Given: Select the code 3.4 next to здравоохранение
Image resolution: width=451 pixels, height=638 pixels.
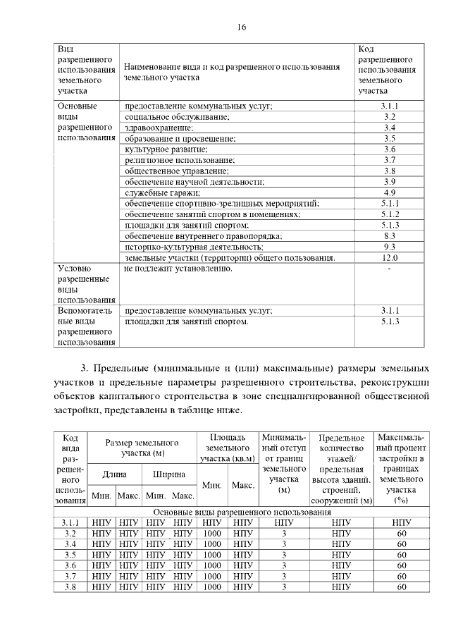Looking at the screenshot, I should click(390, 128).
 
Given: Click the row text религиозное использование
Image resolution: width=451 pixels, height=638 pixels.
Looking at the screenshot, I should click(180, 160).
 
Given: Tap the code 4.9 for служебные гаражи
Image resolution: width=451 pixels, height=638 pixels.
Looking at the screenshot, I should click(390, 192).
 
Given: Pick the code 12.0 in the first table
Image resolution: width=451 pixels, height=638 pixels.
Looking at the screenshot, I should click(390, 258).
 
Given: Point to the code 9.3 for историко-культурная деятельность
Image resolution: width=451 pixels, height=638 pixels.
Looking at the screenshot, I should click(390, 247).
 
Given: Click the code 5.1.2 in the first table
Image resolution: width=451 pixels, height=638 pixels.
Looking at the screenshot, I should click(390, 214).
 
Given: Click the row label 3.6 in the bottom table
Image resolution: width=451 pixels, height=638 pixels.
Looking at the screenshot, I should click(70, 565).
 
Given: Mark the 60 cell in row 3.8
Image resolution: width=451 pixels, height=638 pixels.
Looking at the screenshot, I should click(402, 587).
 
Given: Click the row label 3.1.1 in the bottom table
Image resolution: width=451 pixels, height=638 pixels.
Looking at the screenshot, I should click(70, 522).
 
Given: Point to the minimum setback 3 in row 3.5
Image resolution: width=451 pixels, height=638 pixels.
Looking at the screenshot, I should click(284, 555).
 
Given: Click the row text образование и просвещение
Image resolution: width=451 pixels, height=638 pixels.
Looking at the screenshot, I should click(177, 138).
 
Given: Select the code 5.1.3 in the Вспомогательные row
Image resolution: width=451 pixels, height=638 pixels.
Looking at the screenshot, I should click(390, 321).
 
